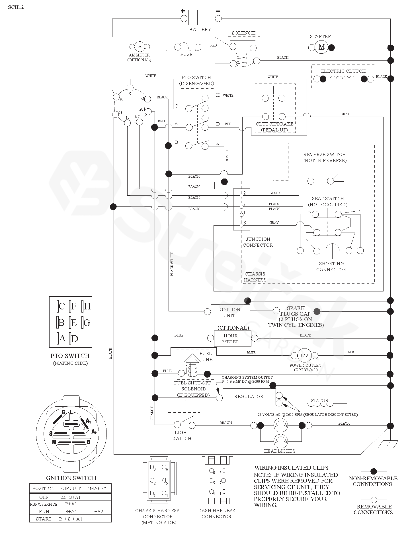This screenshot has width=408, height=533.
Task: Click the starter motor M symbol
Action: click(321, 47)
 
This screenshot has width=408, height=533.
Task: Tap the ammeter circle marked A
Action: click(140, 46)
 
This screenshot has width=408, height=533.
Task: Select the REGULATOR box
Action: click(249, 396)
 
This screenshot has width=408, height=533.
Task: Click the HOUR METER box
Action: click(232, 339)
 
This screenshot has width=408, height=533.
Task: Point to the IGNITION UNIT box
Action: click(230, 312)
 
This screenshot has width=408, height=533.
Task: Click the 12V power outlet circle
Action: click(304, 356)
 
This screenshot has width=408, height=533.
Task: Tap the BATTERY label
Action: click(200, 29)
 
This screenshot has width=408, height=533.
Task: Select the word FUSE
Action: click(186, 54)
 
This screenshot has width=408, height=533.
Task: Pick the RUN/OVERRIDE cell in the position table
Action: click(44, 504)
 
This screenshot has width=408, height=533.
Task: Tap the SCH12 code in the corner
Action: click(16, 7)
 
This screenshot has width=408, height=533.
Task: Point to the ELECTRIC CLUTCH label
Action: click(343, 71)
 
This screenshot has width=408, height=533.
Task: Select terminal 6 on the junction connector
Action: click(241, 225)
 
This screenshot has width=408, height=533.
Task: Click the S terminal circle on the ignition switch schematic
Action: click(130, 88)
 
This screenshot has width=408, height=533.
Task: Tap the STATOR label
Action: click(319, 400)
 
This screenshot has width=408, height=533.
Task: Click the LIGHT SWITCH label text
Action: click(182, 435)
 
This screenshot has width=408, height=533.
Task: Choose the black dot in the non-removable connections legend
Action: click(373, 471)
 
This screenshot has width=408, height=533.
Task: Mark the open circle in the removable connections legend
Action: click(374, 500)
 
